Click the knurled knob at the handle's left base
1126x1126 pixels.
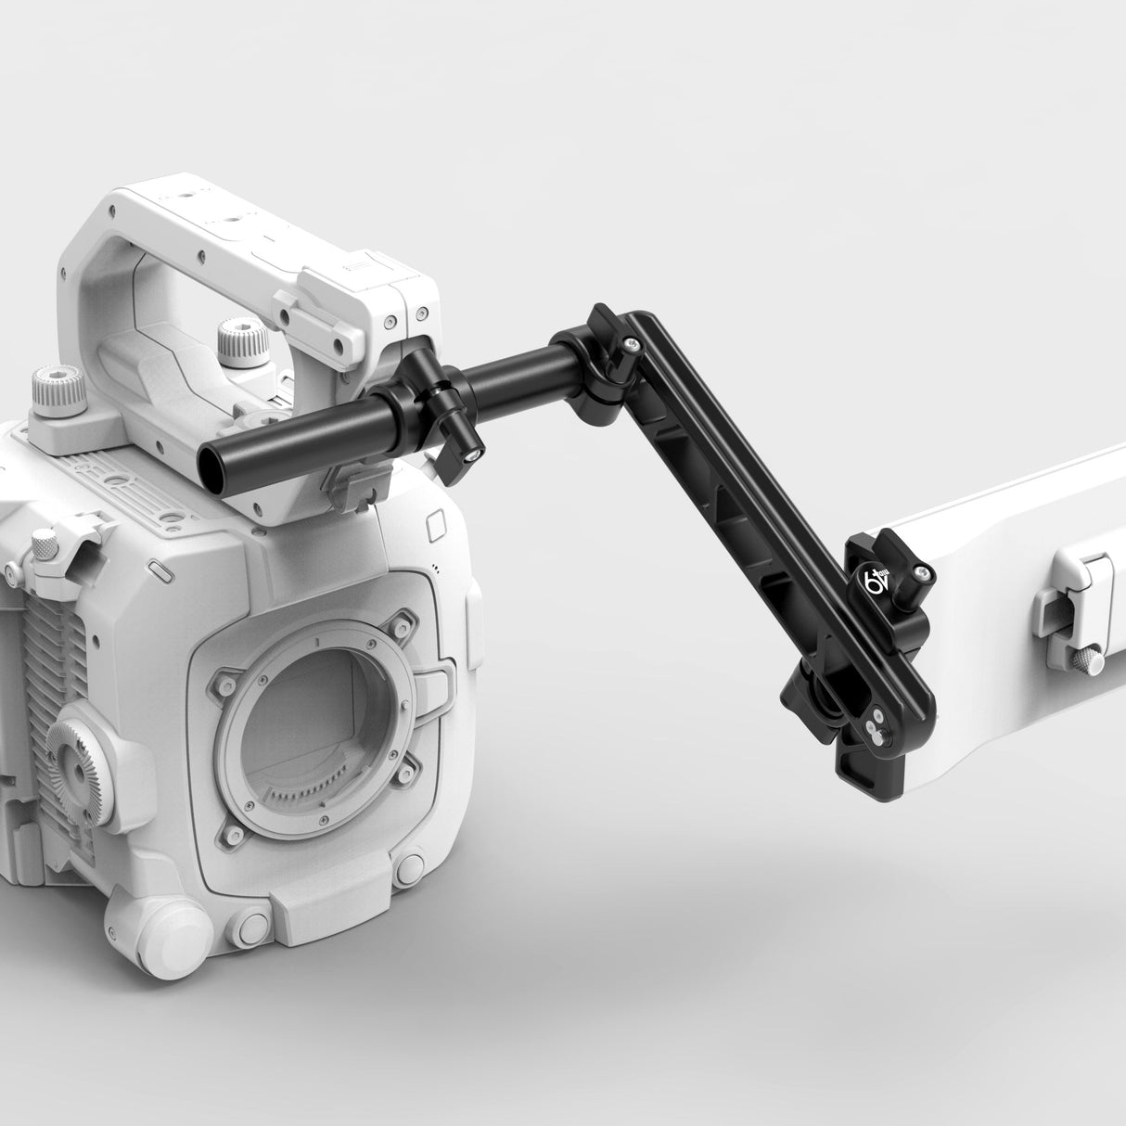[58, 390]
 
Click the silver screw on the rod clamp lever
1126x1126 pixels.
[474, 454]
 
